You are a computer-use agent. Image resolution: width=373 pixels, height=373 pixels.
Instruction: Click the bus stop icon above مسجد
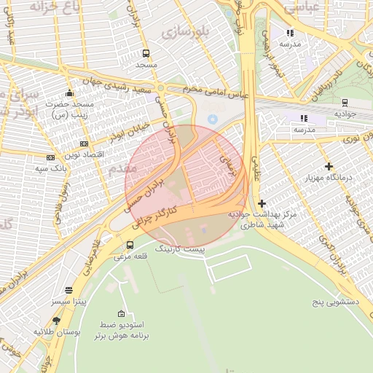point(146,54)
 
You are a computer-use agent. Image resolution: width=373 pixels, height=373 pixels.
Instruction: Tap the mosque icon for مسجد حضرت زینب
point(69,93)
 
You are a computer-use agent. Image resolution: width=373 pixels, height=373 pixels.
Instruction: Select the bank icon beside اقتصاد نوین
point(84,144)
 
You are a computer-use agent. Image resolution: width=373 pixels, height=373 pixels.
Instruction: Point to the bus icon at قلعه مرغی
point(130,246)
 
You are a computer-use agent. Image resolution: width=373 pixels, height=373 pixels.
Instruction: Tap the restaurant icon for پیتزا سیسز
point(68,289)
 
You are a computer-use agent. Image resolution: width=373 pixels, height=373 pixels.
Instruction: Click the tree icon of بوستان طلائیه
point(56,321)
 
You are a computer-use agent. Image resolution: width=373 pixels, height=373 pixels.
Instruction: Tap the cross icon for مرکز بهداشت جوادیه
point(262,203)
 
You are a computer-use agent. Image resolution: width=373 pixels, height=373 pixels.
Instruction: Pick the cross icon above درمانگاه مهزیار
point(329,167)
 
